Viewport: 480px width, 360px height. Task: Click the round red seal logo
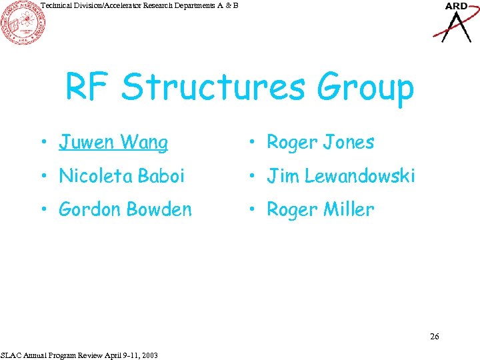(x=23, y=23)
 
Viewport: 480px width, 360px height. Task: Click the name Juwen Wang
(x=113, y=142)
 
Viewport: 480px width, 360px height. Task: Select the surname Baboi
(x=163, y=176)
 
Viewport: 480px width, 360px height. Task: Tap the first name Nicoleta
(x=95, y=176)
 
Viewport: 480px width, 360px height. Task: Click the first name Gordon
(x=89, y=209)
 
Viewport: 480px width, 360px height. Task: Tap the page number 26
(x=434, y=337)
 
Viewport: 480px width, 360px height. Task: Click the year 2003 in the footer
(x=150, y=355)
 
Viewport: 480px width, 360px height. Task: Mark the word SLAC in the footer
(x=11, y=355)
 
